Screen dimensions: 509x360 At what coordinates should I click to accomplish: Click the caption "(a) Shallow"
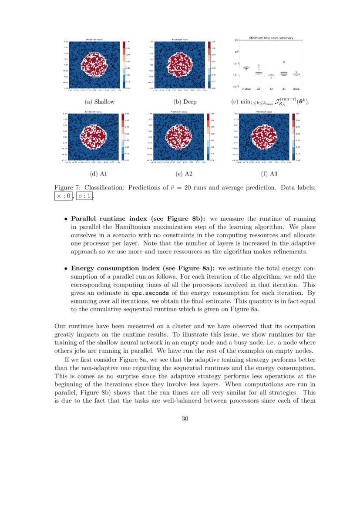(100, 102)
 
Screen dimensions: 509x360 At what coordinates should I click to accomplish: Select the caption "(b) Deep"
(185, 102)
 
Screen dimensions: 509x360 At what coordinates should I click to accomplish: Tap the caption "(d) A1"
(98, 174)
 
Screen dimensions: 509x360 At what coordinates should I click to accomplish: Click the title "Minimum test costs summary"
(271, 38)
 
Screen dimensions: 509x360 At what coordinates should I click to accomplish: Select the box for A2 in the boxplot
(271, 75)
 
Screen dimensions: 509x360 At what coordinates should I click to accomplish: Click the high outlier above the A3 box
(284, 62)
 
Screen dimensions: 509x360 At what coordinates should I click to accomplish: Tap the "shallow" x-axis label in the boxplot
(246, 89)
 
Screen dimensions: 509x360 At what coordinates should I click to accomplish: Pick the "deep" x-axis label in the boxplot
(296, 89)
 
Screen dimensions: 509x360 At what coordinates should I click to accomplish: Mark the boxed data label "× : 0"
(64, 196)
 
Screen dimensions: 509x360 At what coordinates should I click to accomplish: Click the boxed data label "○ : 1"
(85, 196)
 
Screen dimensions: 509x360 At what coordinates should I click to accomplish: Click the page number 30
(185, 419)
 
